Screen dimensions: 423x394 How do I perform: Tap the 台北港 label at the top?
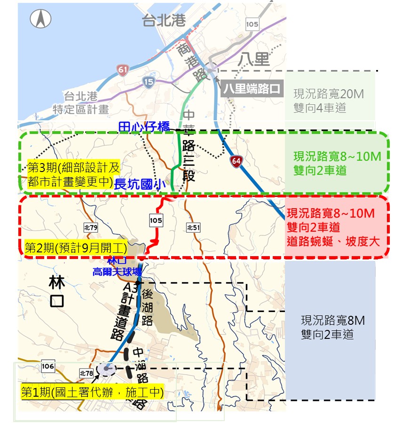click(165, 21)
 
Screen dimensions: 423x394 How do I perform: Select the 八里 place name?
click(253, 59)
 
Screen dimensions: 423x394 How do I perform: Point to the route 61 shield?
click(123, 71)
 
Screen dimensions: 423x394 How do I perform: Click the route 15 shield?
click(149, 83)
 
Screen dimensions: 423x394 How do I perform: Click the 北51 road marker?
click(193, 227)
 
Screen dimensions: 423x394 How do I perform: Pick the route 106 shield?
click(48, 366)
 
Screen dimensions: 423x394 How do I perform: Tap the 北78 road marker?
click(86, 373)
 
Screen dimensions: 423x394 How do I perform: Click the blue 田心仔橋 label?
click(140, 125)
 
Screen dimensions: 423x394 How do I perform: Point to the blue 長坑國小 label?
click(141, 184)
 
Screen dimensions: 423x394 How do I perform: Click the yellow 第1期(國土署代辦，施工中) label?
click(92, 392)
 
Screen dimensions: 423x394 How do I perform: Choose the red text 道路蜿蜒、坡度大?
click(333, 241)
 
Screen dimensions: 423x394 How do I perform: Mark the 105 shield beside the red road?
click(156, 219)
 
